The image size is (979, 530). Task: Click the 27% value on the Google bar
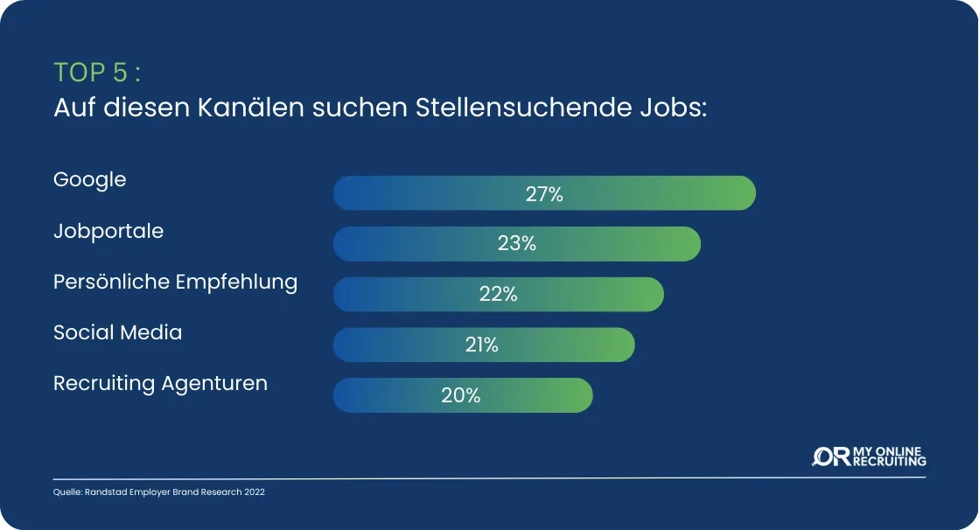[544, 194]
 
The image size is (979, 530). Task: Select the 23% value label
[516, 244]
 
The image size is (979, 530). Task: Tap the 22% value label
[499, 295]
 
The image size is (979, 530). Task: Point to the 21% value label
[481, 345]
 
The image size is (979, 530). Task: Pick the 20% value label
[461, 395]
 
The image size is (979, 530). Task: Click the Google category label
[90, 180]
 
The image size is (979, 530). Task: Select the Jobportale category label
[108, 232]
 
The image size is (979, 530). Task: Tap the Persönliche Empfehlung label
[175, 282]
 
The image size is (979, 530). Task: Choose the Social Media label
[118, 333]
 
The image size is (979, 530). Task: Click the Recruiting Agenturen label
[160, 384]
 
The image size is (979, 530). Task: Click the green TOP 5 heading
[97, 71]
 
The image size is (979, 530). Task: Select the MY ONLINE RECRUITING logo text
[889, 457]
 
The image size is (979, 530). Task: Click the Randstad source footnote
[158, 492]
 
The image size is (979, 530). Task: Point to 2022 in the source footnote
[254, 492]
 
